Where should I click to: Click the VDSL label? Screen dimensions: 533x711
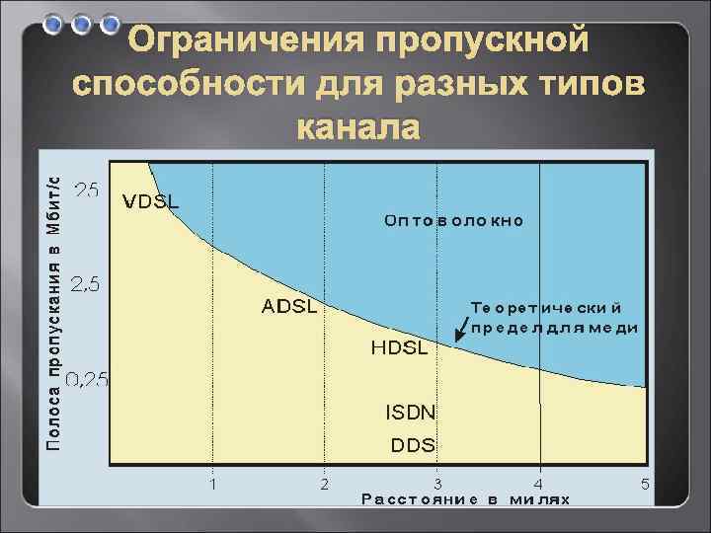[151, 201]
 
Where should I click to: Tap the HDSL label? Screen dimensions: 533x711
[399, 347]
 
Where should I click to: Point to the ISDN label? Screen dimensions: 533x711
[410, 411]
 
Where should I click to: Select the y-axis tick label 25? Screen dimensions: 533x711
[86, 191]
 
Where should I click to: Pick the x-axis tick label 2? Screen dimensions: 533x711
[324, 484]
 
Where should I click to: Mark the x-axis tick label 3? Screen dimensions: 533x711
[436, 484]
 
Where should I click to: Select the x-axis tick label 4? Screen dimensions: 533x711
[538, 484]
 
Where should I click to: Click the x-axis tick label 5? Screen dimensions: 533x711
[645, 484]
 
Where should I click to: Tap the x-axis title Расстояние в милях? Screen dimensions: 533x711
[466, 499]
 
